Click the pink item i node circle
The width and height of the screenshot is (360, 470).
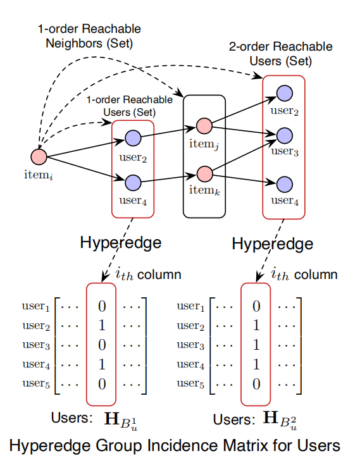pyautogui.click(x=39, y=156)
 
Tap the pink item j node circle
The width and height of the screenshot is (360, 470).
pyautogui.click(x=204, y=125)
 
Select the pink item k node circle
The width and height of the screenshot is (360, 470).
pyautogui.click(x=204, y=173)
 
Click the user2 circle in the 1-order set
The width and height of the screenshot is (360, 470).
pyautogui.click(x=133, y=137)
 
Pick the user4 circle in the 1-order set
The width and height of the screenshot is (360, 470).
pyautogui.click(x=133, y=183)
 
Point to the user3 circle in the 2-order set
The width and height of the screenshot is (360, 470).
pyautogui.click(x=285, y=135)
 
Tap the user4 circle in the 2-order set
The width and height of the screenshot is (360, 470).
pyautogui.click(x=285, y=184)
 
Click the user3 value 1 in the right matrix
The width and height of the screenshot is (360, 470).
pyautogui.click(x=256, y=345)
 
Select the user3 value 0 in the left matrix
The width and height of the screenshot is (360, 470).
pyautogui.click(x=101, y=345)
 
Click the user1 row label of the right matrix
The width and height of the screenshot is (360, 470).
pyautogui.click(x=190, y=307)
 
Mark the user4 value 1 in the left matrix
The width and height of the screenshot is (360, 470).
pyautogui.click(x=101, y=364)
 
